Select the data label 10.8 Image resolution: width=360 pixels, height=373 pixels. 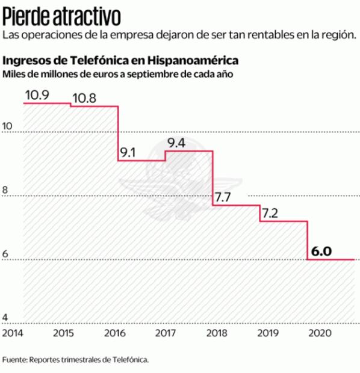click(x=85, y=97)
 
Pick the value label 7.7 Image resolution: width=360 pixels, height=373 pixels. click(x=223, y=197)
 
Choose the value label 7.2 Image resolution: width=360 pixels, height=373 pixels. click(x=270, y=212)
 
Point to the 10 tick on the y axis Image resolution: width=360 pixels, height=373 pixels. click(x=8, y=126)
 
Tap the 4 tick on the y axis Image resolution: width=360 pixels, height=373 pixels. click(x=5, y=318)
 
